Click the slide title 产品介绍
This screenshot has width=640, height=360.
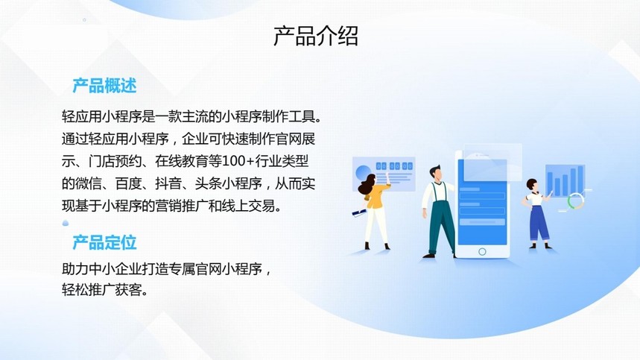point(315,36)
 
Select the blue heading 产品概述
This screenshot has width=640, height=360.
point(104,86)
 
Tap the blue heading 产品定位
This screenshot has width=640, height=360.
point(104,242)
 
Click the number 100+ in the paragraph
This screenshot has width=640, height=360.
point(238,162)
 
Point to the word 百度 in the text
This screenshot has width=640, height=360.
point(129,183)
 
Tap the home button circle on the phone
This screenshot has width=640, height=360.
point(482,252)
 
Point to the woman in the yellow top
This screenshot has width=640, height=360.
point(374,210)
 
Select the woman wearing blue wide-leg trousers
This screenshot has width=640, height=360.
point(536,213)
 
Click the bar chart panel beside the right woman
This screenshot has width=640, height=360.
point(565,180)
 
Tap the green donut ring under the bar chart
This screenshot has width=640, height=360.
point(575,201)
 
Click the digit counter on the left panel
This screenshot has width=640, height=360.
point(394,166)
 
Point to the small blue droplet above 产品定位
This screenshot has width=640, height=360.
point(66,223)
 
